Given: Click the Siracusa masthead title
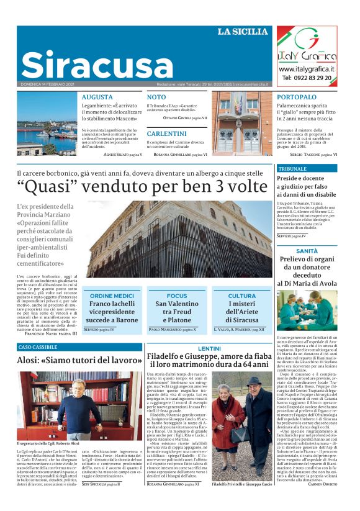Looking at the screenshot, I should [89, 65].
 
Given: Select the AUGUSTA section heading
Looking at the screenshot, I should [97, 97].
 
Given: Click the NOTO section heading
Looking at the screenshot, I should [156, 97].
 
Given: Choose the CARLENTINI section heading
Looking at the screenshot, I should [166, 133].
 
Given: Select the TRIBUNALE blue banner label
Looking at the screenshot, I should [292, 169].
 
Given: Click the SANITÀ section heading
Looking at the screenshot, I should [307, 251].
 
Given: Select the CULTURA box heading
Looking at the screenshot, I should [242, 296].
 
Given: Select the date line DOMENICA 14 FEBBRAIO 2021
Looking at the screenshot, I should [48, 84].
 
